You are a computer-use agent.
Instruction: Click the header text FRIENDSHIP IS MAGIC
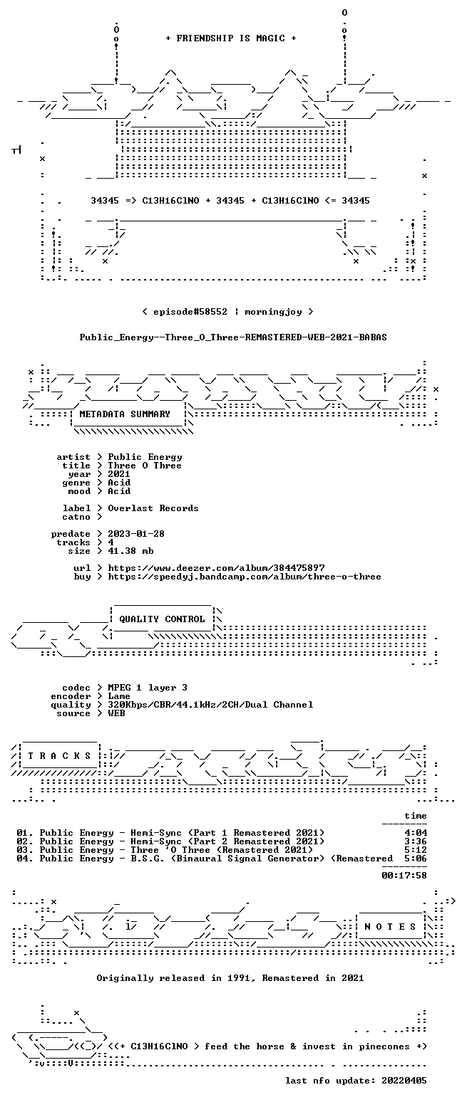pos(231,38)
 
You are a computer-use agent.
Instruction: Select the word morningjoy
pos(273,312)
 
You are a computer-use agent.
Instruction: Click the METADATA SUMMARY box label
pos(125,414)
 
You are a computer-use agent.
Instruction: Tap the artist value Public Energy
pos(145,458)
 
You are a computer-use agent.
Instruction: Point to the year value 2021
pos(119,474)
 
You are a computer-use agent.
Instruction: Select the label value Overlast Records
pos(153,508)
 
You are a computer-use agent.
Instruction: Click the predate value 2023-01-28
pos(136,534)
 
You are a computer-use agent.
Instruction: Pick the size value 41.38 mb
pos(130,551)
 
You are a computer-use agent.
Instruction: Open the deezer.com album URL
pos(216,568)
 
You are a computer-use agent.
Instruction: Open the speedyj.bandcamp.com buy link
pos(245,577)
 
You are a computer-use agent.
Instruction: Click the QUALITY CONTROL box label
pos(162,619)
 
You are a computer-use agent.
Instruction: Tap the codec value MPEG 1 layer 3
pos(148,688)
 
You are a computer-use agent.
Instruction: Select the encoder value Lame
pos(119,696)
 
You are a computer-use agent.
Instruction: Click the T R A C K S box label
pos(59,756)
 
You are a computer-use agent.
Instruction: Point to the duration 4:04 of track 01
pos(416,833)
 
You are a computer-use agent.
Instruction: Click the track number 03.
pos(21,850)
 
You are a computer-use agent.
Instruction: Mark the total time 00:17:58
pos(404,876)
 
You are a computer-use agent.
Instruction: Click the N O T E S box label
pos(390,927)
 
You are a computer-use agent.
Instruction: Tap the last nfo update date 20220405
pos(404,1081)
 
